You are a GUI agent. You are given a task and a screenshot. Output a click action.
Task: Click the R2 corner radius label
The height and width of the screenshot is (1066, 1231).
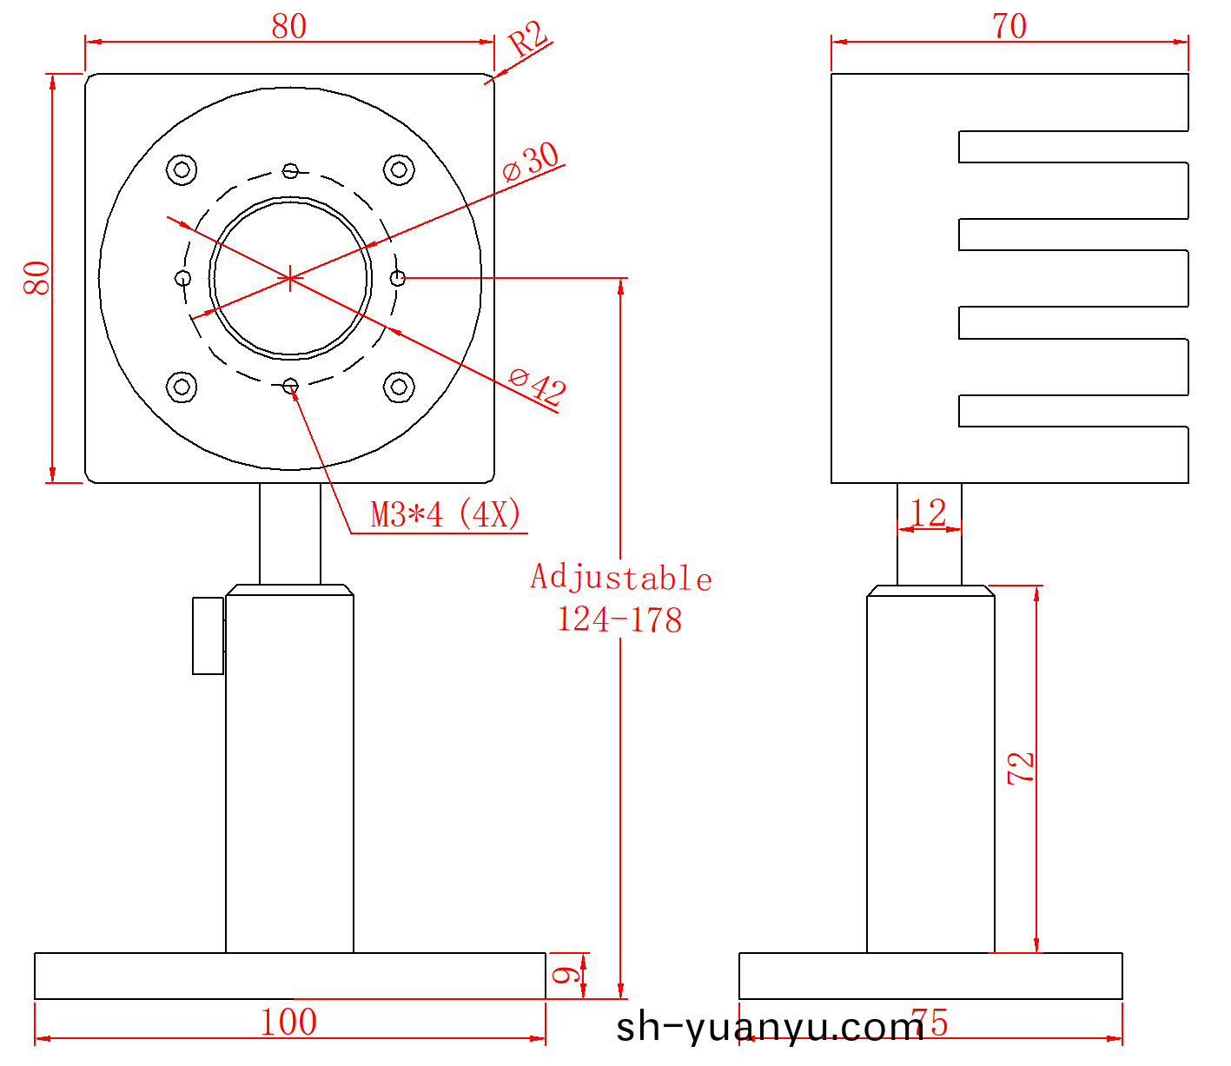point(528,38)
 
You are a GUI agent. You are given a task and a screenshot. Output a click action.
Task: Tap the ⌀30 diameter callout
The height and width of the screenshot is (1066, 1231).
point(531,162)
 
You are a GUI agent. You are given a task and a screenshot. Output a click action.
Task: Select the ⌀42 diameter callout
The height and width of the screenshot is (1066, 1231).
point(538,386)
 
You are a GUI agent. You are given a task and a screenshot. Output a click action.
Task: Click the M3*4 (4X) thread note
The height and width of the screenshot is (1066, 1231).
point(446,514)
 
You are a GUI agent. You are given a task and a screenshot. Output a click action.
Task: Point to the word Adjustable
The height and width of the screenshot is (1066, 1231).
point(621,577)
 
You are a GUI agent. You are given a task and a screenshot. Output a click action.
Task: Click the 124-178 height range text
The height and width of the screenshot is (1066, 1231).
point(620,619)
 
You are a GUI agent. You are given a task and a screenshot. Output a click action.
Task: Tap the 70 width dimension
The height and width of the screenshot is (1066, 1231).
point(1009,26)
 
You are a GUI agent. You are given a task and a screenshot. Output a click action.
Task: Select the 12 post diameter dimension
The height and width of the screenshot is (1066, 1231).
point(929,513)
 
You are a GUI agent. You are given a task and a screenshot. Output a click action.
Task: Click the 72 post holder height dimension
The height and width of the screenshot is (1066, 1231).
point(1021,768)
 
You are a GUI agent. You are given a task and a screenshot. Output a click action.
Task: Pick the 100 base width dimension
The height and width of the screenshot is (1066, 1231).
point(288,1022)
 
